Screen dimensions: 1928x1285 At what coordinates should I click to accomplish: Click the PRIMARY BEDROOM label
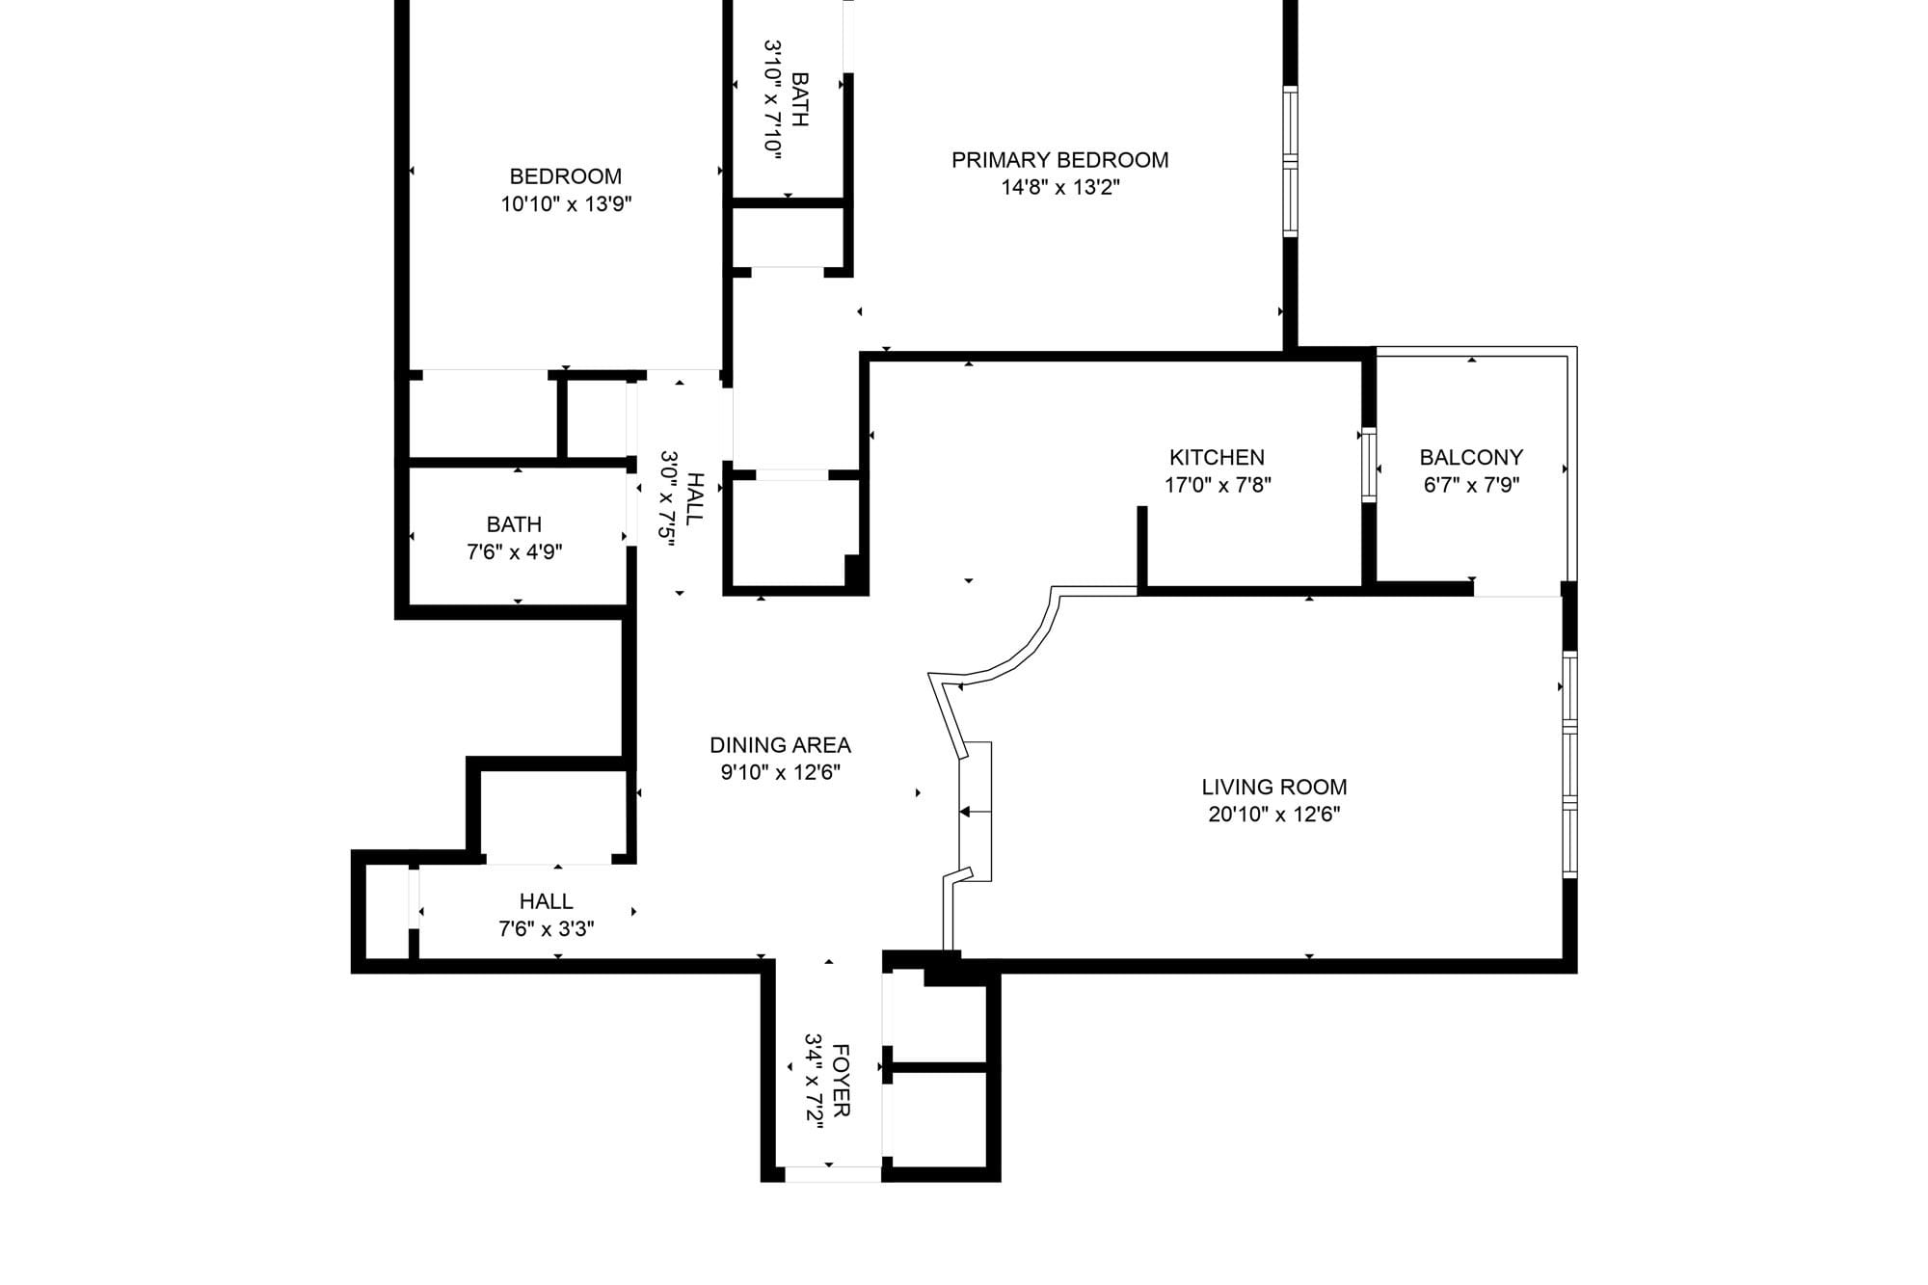click(x=1059, y=160)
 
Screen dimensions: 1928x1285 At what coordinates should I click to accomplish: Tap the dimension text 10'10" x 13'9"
click(x=566, y=204)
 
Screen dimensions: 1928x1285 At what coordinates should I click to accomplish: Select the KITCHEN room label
click(x=1217, y=457)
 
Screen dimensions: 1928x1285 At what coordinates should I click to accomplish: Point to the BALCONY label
click(x=1471, y=457)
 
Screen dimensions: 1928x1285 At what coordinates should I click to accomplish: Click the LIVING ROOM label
click(x=1274, y=787)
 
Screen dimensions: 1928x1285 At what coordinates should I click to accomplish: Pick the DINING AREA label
click(x=780, y=745)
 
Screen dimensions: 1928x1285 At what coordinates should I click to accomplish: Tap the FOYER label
click(x=840, y=1080)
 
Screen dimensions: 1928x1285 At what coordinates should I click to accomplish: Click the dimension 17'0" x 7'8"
click(x=1218, y=485)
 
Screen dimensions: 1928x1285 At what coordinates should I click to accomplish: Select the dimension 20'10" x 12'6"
click(x=1274, y=815)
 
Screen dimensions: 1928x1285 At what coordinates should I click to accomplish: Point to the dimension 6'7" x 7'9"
click(x=1471, y=485)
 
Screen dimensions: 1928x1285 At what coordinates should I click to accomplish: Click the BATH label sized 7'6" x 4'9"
click(x=514, y=524)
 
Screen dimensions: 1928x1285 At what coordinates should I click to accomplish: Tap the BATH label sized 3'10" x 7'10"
click(x=799, y=99)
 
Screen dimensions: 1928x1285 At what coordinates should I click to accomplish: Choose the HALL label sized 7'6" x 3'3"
click(x=547, y=901)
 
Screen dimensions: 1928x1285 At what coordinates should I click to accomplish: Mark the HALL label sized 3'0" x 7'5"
click(x=694, y=498)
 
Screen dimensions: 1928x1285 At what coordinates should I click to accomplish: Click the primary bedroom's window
click(x=1290, y=161)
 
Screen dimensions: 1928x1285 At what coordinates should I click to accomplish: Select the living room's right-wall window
click(x=1569, y=764)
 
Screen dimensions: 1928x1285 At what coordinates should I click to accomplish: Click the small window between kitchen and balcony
click(x=1368, y=465)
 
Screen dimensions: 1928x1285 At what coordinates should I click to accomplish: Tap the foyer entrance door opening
click(x=833, y=1174)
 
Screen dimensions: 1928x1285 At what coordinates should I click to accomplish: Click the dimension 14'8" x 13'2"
click(x=1060, y=187)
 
